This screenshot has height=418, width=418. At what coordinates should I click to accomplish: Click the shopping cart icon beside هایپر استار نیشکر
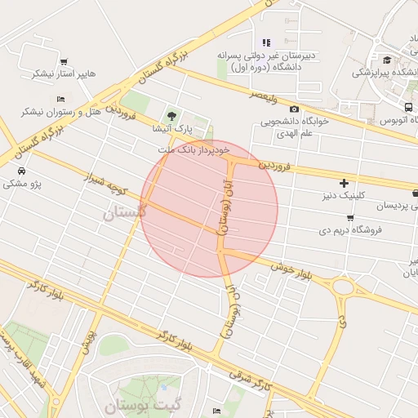tap(64, 61)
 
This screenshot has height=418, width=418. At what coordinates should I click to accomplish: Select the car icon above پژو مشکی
tap(21, 171)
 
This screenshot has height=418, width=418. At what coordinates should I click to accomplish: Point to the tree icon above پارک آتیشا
tap(171, 116)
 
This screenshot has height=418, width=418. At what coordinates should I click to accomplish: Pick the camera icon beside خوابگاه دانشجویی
tap(294, 109)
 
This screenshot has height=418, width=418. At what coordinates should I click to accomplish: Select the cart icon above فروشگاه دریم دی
tap(351, 218)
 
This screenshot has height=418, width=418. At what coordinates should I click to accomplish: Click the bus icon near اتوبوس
tap(408, 107)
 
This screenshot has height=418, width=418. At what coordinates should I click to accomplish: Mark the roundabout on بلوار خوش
tap(343, 287)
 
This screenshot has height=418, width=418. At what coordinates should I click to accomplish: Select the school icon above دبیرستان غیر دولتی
tap(265, 42)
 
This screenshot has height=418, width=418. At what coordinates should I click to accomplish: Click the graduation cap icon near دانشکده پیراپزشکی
tap(387, 59)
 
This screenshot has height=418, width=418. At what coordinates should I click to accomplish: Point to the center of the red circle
tap(209, 208)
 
